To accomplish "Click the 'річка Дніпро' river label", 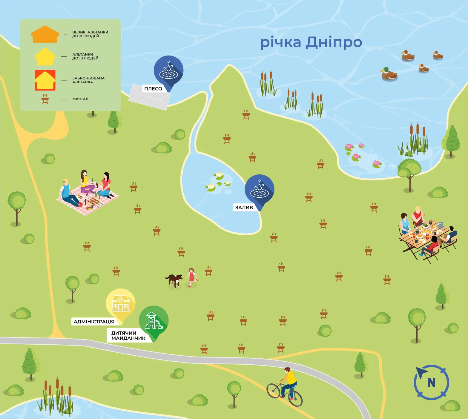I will click(x=311, y=42).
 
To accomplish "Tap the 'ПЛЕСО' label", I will click(x=153, y=89).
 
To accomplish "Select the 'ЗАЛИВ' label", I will click(x=244, y=208).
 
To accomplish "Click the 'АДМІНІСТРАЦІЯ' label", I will click(x=94, y=322).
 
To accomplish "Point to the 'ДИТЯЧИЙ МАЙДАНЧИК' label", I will click(x=128, y=335).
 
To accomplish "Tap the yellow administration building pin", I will click(x=120, y=303).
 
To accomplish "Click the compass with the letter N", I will click(x=431, y=382).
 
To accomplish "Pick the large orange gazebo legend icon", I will click(x=45, y=34).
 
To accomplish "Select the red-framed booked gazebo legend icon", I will click(x=45, y=80).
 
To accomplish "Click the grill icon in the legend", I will click(x=45, y=99).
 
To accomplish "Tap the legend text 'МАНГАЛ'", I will click(x=80, y=99).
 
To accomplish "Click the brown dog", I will click(x=174, y=280).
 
